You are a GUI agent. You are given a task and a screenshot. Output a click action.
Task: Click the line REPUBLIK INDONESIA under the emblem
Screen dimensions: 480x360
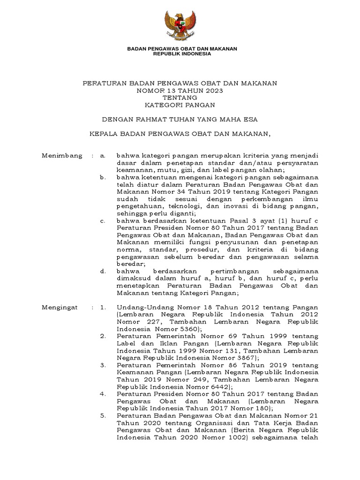tap(182, 54)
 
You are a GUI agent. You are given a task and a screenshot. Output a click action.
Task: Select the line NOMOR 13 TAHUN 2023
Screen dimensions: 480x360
tap(180, 90)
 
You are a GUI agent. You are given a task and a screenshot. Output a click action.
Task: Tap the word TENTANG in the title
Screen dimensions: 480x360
tap(180, 97)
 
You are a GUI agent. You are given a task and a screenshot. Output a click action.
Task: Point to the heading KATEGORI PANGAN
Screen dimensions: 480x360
tap(180, 105)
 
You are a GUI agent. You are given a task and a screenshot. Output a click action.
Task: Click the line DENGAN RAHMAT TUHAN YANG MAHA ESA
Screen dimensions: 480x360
tap(180, 119)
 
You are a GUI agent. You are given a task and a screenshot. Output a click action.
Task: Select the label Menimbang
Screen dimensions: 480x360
tap(62, 155)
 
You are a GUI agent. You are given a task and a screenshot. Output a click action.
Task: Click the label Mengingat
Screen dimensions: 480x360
tap(61, 307)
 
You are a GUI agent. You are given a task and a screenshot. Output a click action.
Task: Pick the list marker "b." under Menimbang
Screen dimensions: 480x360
tap(103, 178)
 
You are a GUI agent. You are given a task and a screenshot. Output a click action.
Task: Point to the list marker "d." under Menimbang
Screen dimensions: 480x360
tap(103, 271)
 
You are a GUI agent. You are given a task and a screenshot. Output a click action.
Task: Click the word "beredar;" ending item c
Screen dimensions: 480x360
tap(129, 264)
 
